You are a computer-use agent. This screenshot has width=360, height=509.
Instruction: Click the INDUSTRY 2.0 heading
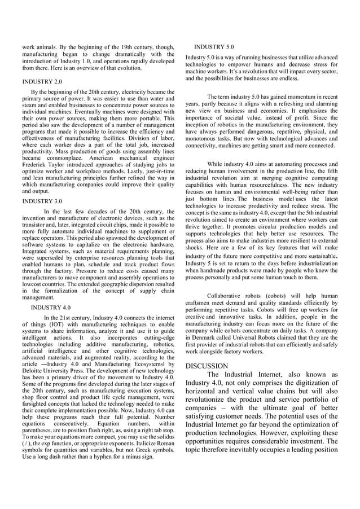42,81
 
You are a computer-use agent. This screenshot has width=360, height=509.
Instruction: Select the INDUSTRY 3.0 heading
42,200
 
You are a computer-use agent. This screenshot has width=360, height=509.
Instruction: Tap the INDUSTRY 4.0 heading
51,308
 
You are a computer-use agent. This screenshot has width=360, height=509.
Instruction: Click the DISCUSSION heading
207,366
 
